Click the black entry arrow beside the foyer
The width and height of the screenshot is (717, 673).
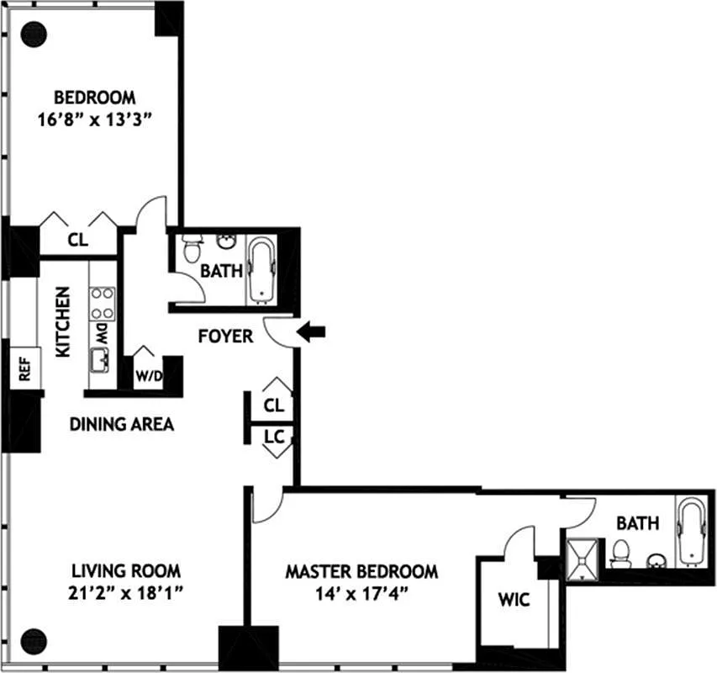click(x=311, y=331)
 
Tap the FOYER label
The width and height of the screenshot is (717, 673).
click(x=225, y=336)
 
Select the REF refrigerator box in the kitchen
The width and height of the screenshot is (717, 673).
click(x=24, y=368)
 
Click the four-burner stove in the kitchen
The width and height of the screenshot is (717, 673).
click(x=102, y=304)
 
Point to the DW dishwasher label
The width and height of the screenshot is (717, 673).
click(x=102, y=334)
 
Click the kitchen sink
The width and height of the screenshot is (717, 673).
click(x=99, y=361)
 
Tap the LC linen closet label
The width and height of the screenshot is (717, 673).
click(x=274, y=437)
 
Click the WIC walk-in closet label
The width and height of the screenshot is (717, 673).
click(x=514, y=599)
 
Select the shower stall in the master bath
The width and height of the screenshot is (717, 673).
click(x=583, y=559)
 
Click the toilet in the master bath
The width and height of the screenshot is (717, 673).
click(x=620, y=554)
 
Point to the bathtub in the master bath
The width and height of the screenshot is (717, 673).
click(x=693, y=532)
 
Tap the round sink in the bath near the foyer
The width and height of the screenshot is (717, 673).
click(x=226, y=241)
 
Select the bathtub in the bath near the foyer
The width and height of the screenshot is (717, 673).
click(x=261, y=270)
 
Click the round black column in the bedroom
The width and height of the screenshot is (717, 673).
click(x=34, y=34)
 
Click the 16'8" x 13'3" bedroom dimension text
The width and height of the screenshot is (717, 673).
click(x=94, y=119)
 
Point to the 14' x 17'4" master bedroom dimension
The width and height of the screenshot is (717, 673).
click(x=361, y=594)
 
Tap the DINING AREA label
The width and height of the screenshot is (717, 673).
click(x=122, y=424)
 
